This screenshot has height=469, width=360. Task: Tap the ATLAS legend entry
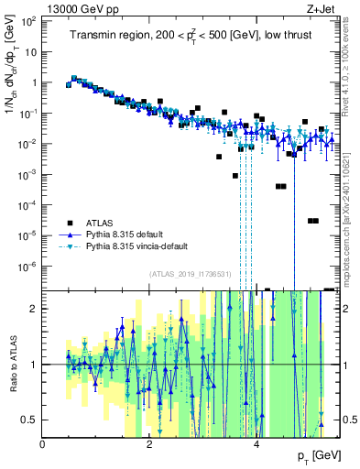coord(101,223)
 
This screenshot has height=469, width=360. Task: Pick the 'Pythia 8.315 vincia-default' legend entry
coord(144,246)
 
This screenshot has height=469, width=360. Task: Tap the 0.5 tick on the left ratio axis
coord(29,420)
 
